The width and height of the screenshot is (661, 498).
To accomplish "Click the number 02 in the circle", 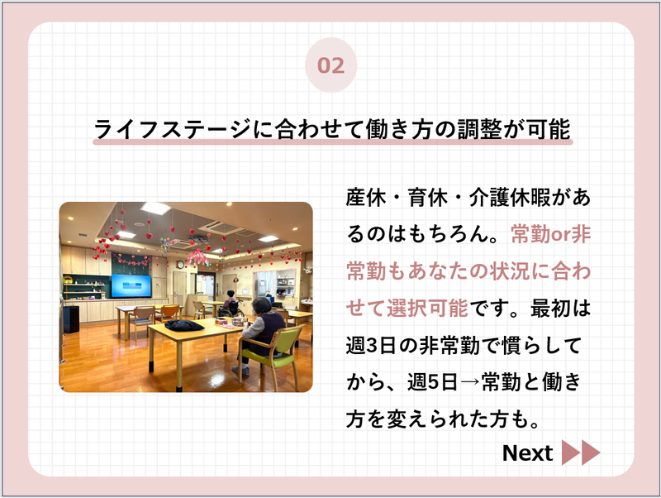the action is (x=331, y=65).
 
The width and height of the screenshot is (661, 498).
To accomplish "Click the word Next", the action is (x=527, y=453).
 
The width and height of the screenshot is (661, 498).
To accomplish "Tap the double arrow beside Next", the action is (x=581, y=453).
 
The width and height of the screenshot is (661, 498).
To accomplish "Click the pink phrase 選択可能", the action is (x=427, y=308).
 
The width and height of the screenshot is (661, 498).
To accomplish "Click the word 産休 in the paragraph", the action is (x=366, y=197).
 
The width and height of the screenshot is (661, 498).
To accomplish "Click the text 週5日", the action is (x=432, y=382).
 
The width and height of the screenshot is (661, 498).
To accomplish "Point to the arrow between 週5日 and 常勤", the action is (x=469, y=382).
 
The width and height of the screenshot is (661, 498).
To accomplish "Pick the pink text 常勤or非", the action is (x=551, y=234).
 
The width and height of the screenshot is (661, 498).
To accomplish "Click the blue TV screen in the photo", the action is (x=131, y=286).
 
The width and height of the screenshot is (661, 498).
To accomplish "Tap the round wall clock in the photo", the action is (x=180, y=265).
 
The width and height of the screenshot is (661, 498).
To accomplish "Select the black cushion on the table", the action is (x=183, y=325).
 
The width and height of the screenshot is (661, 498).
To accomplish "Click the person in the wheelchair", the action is (x=231, y=304).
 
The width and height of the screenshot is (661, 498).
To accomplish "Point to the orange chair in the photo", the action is (x=169, y=313).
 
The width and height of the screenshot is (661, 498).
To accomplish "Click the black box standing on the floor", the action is (x=70, y=319).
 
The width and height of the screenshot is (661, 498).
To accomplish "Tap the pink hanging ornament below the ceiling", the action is (x=198, y=257).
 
